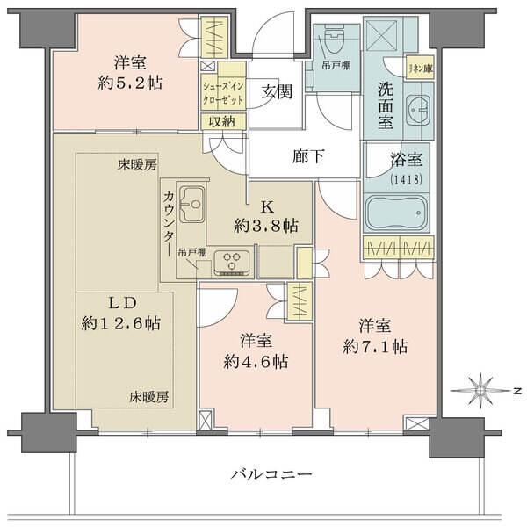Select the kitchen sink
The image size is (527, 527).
click(190, 205)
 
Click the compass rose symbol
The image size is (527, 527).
click(481, 389)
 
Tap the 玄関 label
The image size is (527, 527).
click(278, 92)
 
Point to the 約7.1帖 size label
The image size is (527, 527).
click(375, 346)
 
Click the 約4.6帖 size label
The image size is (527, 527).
click(256, 361)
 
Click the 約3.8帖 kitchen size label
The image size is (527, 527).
click(266, 226)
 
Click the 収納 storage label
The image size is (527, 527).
click(223, 121)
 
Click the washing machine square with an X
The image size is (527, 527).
click(383, 37)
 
